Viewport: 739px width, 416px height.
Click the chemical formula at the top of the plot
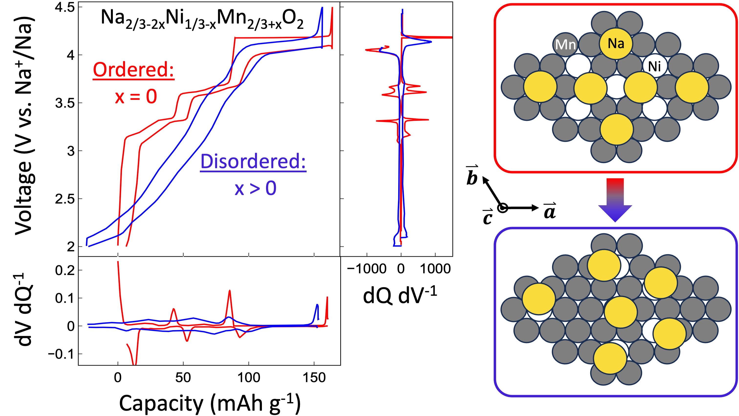coord(202,20)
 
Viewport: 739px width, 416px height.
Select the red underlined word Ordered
coord(133,70)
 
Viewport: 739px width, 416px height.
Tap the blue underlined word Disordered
coord(253,162)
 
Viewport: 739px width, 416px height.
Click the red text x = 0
coord(136,97)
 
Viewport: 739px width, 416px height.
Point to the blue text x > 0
coord(255,189)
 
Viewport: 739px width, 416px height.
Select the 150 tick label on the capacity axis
coord(314,378)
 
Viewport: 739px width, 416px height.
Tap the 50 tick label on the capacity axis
coord(183,378)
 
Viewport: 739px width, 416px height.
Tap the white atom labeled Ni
coord(654,66)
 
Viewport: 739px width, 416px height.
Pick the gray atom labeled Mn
coord(565,45)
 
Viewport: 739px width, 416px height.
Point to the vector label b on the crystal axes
coord(472,175)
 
